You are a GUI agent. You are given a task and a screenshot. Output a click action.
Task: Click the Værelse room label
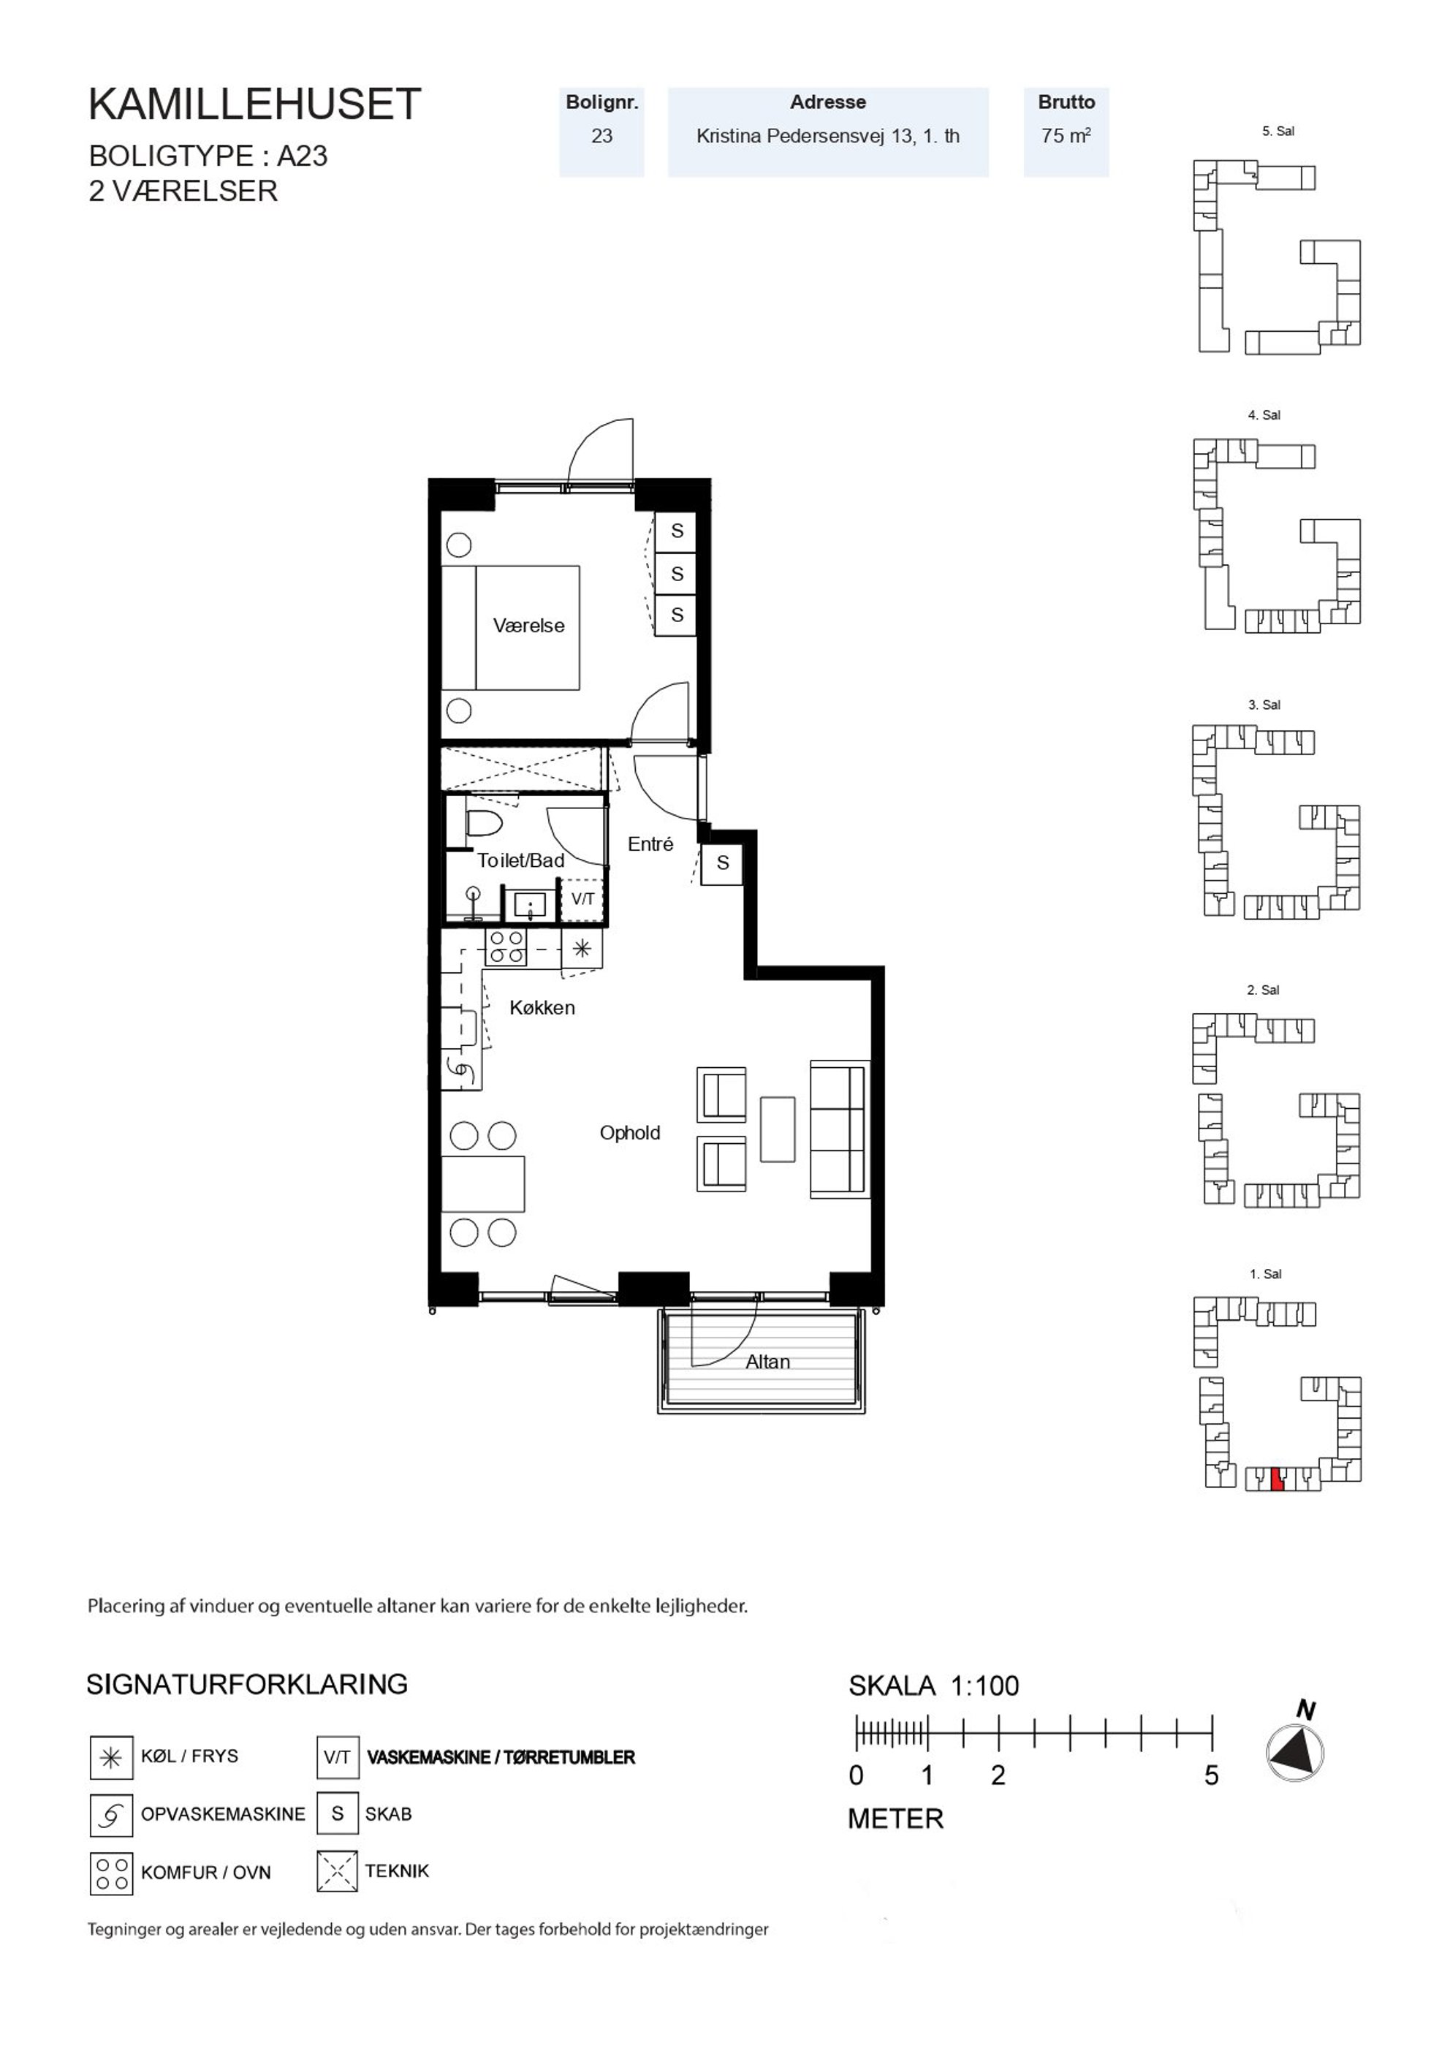[x=529, y=625]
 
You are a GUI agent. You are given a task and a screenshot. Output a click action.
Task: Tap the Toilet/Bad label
[x=521, y=860]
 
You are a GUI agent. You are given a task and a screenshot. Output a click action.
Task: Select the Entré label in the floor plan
[x=650, y=844]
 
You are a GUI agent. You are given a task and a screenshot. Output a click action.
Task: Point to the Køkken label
[x=542, y=1008]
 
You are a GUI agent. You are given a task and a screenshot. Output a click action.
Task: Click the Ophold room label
[x=630, y=1133]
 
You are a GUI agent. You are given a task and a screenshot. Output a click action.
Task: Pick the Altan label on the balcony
[x=767, y=1362]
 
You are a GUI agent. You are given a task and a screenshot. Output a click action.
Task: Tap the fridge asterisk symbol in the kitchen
[x=582, y=949]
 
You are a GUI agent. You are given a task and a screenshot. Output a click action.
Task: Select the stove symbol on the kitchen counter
[x=506, y=948]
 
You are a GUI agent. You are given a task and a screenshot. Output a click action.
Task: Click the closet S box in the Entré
[x=722, y=863]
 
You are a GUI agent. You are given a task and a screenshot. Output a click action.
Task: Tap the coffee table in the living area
[x=778, y=1129]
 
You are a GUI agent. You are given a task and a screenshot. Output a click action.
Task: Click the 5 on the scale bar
[x=1212, y=1775]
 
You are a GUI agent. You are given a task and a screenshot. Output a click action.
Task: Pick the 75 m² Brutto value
[x=1066, y=137]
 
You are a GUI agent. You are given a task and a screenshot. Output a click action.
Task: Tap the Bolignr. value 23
[x=602, y=137]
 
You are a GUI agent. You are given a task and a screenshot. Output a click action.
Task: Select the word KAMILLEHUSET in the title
[x=254, y=105]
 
